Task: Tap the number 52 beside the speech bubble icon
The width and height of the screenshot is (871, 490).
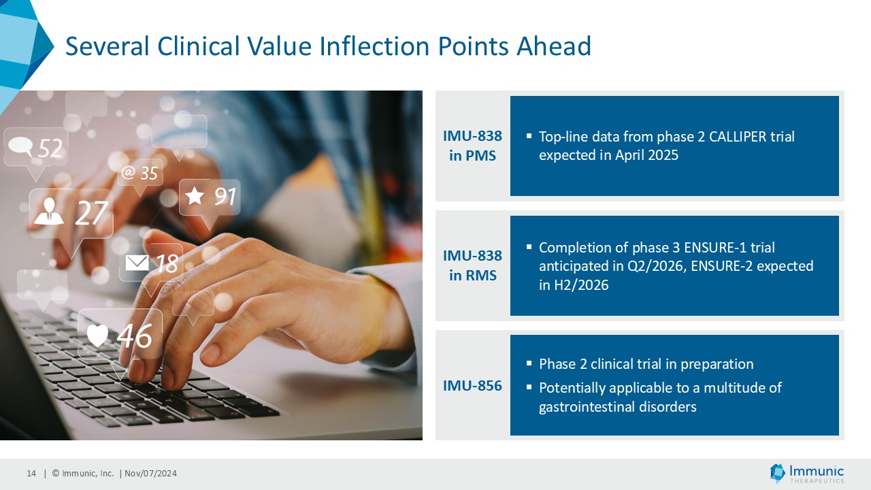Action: (x=50, y=148)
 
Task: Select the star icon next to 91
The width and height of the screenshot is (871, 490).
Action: (x=195, y=195)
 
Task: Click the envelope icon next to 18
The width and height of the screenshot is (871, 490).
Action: (x=137, y=263)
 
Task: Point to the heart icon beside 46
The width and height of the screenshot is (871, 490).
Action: (x=97, y=336)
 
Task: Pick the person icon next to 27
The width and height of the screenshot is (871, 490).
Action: (x=48, y=212)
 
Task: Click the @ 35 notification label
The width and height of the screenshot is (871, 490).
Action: (x=139, y=174)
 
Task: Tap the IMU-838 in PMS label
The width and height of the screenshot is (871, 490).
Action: (x=472, y=146)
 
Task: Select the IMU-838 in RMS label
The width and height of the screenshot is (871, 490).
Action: (x=472, y=265)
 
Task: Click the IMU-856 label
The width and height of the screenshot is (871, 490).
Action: (x=472, y=386)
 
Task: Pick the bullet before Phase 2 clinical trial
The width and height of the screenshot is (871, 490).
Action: (x=529, y=363)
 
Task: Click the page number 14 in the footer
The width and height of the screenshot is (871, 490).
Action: (x=31, y=473)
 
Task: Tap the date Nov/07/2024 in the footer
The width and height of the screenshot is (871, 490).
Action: (x=150, y=473)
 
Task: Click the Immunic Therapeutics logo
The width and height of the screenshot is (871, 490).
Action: (x=806, y=474)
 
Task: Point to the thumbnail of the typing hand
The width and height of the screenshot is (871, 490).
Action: (x=211, y=265)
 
